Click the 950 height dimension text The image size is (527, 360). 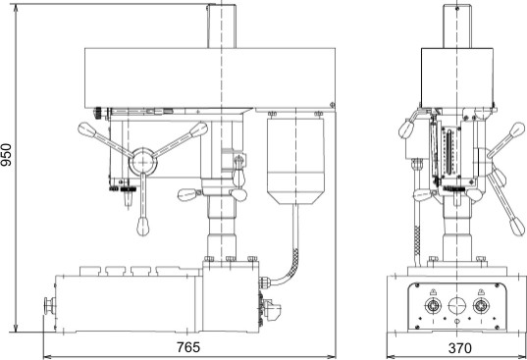[x=7, y=154]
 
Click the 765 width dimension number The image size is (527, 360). [x=188, y=347]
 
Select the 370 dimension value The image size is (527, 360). [x=460, y=348]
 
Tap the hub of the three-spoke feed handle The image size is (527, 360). [x=143, y=162]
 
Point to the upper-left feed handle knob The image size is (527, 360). [x=86, y=129]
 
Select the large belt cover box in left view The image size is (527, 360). [x=210, y=77]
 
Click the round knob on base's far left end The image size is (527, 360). [x=49, y=306]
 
